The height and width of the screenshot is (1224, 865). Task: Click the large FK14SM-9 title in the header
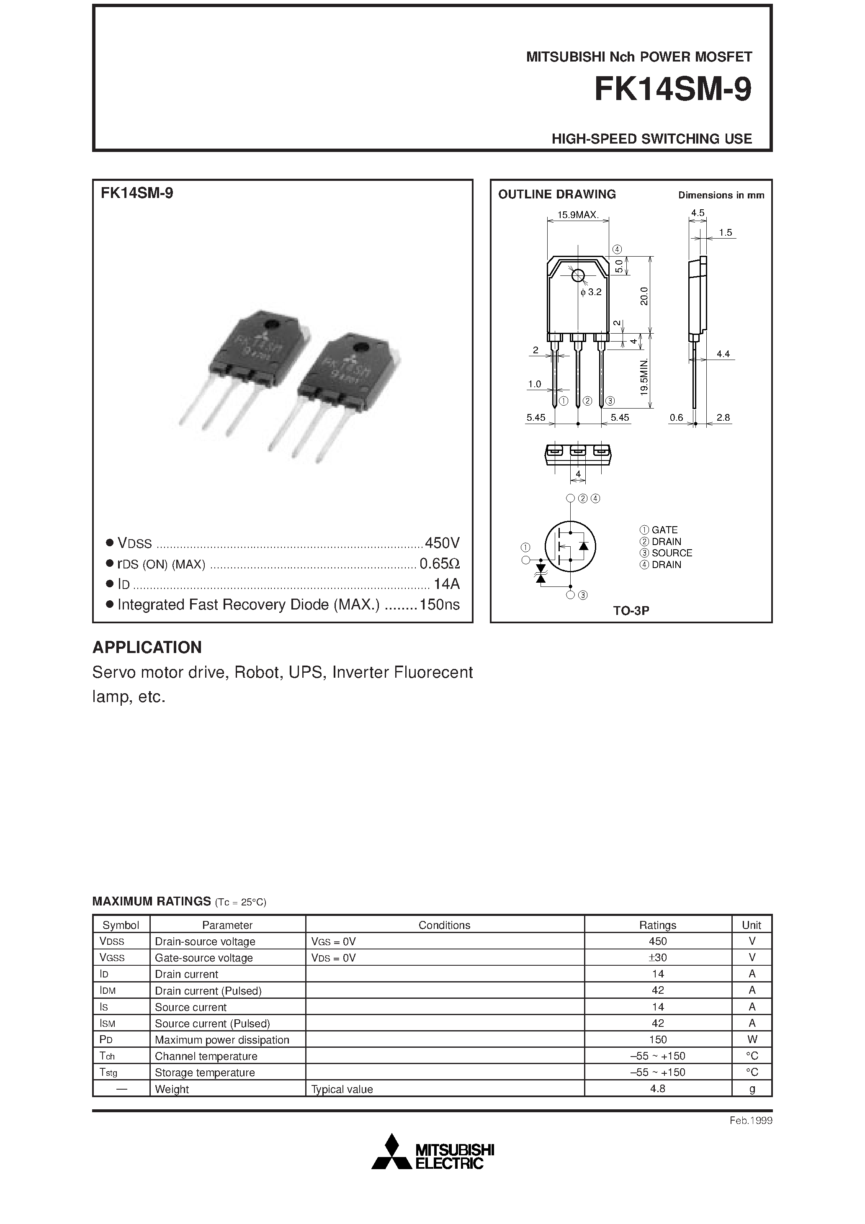click(x=672, y=90)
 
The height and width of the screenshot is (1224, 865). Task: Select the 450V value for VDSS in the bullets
click(x=442, y=543)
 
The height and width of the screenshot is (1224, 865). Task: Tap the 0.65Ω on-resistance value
click(x=440, y=563)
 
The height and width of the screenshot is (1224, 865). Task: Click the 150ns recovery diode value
click(x=440, y=604)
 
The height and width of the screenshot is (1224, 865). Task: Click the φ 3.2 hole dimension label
click(x=591, y=292)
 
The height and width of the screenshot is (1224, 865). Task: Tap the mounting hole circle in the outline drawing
click(x=577, y=275)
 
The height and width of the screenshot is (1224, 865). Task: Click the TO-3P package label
click(x=631, y=611)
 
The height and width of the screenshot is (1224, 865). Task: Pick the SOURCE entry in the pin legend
click(x=672, y=553)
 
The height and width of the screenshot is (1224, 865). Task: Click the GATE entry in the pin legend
click(x=664, y=530)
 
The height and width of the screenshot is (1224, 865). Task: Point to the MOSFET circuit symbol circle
click(x=570, y=546)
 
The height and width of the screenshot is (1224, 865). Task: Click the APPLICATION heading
click(x=147, y=647)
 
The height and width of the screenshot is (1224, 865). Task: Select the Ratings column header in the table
click(x=658, y=925)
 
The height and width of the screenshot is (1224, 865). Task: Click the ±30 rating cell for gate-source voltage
click(x=658, y=957)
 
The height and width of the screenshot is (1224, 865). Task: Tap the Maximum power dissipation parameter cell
click(x=222, y=1039)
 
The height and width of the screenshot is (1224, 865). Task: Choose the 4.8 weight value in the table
click(x=658, y=1089)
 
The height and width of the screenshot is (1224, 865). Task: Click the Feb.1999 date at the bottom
click(x=751, y=1121)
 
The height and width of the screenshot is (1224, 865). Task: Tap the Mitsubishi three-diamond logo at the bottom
click(x=392, y=1154)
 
